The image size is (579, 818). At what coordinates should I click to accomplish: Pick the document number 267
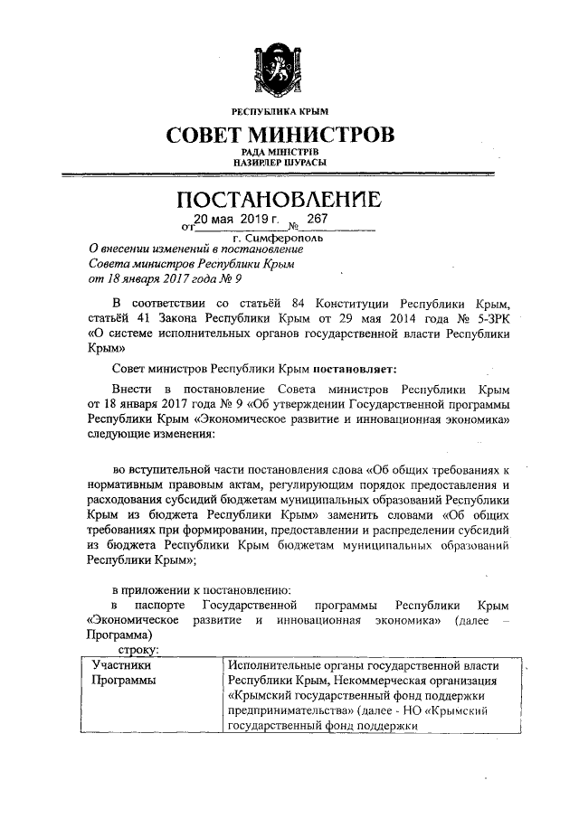coord(317,220)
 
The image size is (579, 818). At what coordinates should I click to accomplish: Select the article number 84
coord(293,301)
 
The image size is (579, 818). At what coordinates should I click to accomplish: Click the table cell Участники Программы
coord(120,672)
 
